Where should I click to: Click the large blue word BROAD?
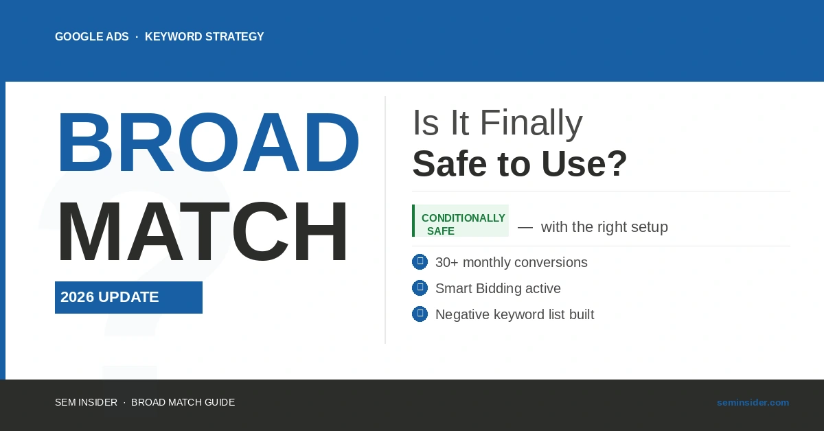pos(207,143)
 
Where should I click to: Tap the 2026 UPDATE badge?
pos(128,297)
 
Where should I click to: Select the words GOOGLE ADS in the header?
pos(92,37)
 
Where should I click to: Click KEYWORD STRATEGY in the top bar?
pos(204,37)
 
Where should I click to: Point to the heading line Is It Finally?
pos(497,124)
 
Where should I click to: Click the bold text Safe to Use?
pos(520,163)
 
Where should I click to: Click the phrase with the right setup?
pos(604,227)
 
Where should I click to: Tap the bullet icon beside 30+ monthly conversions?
pos(420,261)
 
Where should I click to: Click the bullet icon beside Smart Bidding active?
pos(420,288)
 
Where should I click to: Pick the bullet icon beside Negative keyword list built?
pos(420,314)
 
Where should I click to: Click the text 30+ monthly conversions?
pos(511,262)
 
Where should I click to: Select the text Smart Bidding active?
pos(498,288)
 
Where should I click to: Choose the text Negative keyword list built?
pos(514,314)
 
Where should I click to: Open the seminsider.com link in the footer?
pos(753,402)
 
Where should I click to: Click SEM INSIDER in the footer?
pos(86,402)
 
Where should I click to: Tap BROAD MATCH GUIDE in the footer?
pos(183,402)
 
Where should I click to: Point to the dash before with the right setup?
pos(525,227)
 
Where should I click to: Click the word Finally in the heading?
pos(531,124)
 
